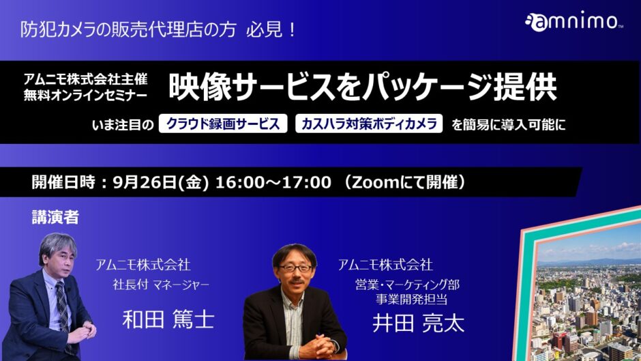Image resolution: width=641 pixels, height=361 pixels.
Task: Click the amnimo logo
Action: [x=573, y=21]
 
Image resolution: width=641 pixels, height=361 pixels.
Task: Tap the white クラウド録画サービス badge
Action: [x=223, y=124]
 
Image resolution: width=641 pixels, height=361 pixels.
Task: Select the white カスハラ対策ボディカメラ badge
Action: [x=369, y=124]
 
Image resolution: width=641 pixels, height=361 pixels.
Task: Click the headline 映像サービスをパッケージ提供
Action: [x=363, y=87]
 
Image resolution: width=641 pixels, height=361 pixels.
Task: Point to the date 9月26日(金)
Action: [x=161, y=182]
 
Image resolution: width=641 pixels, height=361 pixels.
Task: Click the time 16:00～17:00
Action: [x=273, y=182]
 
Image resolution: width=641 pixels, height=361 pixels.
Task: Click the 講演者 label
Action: [x=55, y=217]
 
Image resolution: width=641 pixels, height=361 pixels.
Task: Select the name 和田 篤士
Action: [x=168, y=319]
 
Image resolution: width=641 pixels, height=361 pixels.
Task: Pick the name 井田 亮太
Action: [x=418, y=323]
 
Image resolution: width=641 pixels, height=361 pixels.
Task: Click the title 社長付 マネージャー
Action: [x=161, y=285]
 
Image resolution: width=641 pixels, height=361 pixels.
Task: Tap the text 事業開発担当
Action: [x=412, y=299]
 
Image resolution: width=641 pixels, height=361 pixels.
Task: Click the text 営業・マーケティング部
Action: [x=407, y=285]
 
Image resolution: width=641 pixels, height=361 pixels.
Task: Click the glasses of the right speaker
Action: [x=295, y=268]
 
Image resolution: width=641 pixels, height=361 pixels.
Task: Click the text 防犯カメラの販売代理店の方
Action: [x=128, y=29]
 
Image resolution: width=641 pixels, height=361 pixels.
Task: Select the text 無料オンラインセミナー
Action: [x=85, y=96]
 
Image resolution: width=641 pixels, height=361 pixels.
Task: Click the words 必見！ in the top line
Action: [x=271, y=29]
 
